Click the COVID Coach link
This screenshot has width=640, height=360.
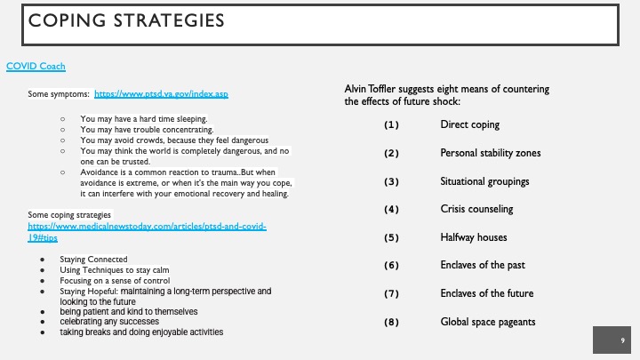(x=36, y=66)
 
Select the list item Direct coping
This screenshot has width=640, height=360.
(x=469, y=125)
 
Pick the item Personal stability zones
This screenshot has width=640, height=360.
(x=490, y=154)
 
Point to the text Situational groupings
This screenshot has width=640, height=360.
(x=484, y=181)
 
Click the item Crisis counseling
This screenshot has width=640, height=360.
(x=477, y=210)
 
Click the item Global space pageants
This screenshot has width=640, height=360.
(x=489, y=322)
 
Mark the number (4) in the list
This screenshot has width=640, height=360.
(x=391, y=210)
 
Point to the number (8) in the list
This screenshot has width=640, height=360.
(x=391, y=322)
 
